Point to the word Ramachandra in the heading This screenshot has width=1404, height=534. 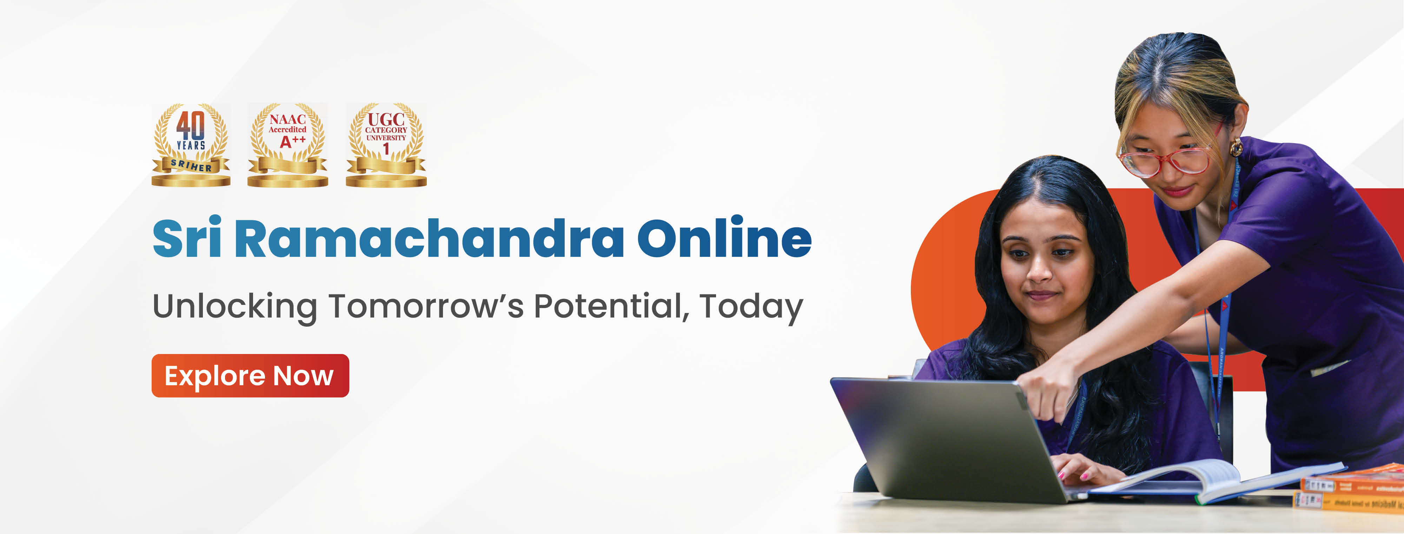coord(429,238)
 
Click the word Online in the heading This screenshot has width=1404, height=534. coord(724,238)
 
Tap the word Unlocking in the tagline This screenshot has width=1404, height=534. coord(235,306)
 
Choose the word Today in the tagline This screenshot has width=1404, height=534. coord(751,306)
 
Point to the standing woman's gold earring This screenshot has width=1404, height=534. coord(1236,147)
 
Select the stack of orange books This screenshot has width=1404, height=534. coord(1352,490)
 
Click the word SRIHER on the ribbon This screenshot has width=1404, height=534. coord(191,165)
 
